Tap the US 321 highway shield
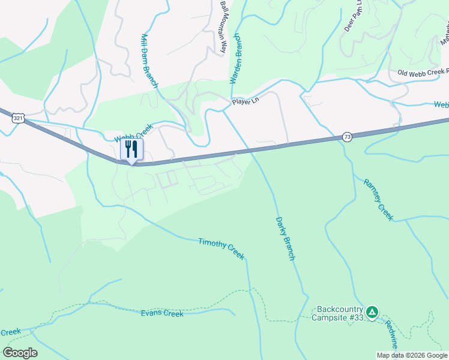[x=18, y=118]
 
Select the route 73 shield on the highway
[x=347, y=137]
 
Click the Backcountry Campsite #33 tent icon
[x=372, y=312]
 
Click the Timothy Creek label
[x=221, y=248]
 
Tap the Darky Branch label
[x=285, y=238]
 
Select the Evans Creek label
[x=161, y=313]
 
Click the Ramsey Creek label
[x=378, y=199]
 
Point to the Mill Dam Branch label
[x=149, y=61]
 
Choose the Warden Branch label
[x=237, y=67]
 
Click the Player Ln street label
[x=246, y=102]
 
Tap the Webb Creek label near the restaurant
[x=134, y=133]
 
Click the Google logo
[x=20, y=353]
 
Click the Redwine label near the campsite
[x=392, y=335]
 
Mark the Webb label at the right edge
[x=441, y=105]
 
